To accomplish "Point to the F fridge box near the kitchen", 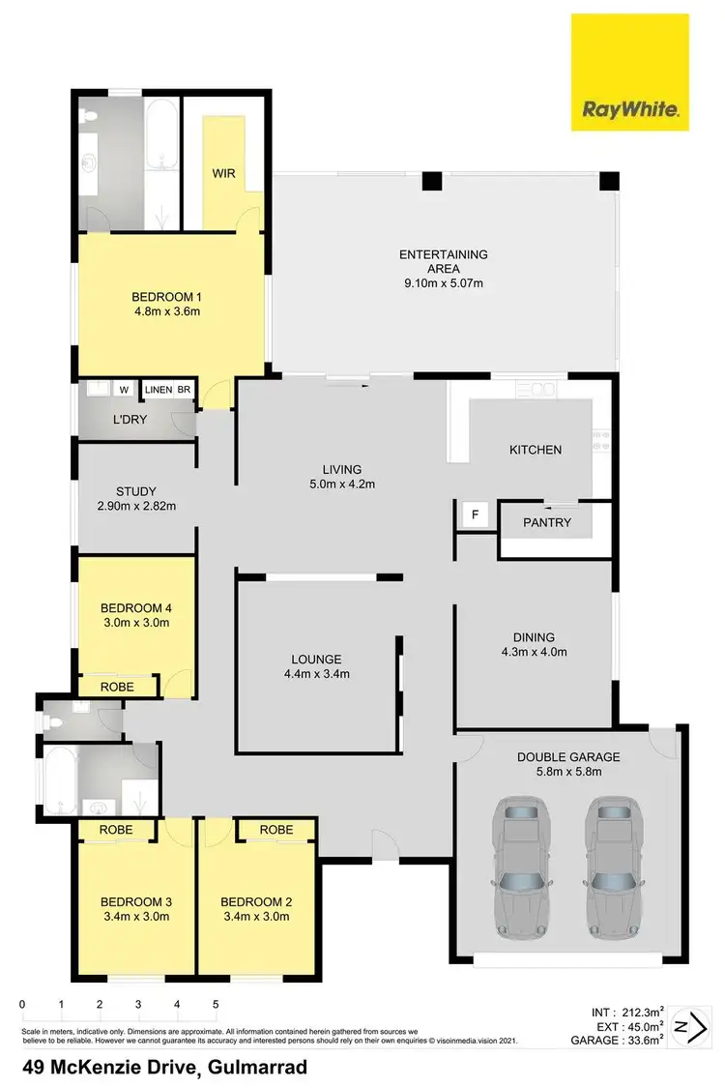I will pyautogui.click(x=474, y=515).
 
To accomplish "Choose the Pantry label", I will pyautogui.click(x=547, y=522).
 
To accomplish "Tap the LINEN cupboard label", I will pyautogui.click(x=158, y=390).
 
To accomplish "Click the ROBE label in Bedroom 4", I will pyautogui.click(x=117, y=687).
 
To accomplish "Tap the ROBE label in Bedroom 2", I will pyautogui.click(x=276, y=829).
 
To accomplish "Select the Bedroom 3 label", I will pyautogui.click(x=135, y=902).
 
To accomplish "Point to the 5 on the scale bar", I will pyautogui.click(x=216, y=1004).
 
